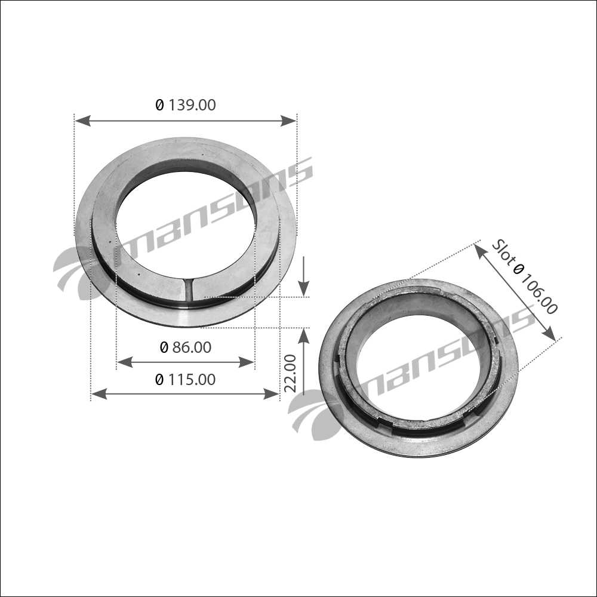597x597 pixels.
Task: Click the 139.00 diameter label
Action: pos(186,104)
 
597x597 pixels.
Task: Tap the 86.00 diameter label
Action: pos(186,347)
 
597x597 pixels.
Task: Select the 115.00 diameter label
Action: pos(186,380)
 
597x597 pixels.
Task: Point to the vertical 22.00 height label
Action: pos(291,373)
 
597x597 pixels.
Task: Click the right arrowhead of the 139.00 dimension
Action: pos(288,121)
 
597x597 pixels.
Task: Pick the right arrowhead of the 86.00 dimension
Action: pos(246,362)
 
